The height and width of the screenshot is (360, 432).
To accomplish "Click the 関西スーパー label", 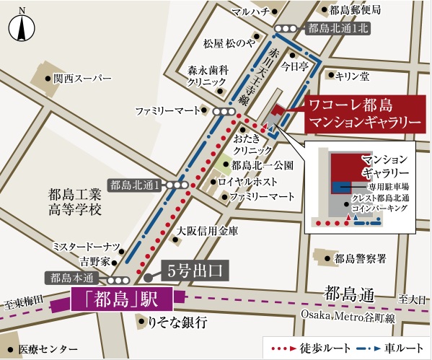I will coord(82,77).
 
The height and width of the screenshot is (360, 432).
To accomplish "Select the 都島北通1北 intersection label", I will coord(337,29).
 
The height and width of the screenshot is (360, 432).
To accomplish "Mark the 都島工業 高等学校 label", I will coord(74,202).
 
